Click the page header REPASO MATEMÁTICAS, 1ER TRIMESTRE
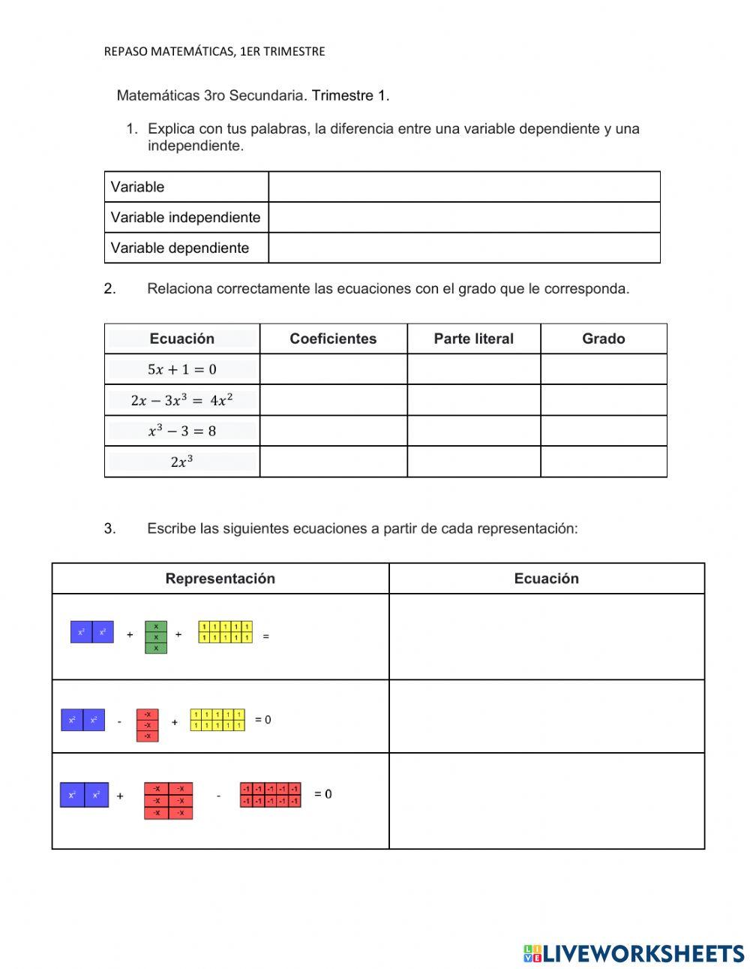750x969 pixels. [214, 51]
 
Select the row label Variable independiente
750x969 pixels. [185, 218]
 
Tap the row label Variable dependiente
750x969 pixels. [180, 248]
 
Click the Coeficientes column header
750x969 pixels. [333, 339]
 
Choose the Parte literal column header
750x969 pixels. [473, 339]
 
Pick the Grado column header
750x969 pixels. [603, 339]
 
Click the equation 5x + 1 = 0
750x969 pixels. [182, 369]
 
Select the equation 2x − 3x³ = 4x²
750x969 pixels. [182, 400]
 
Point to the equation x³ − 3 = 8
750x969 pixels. [182, 431]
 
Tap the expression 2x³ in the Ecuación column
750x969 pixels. [182, 462]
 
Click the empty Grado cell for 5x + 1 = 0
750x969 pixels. [603, 369]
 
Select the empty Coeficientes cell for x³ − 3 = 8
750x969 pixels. [333, 431]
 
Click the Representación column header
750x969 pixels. [220, 579]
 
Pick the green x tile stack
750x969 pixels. [156, 637]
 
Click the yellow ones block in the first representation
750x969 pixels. [225, 632]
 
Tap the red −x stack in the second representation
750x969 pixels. [148, 725]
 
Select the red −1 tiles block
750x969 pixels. [271, 795]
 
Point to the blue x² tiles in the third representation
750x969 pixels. [84, 795]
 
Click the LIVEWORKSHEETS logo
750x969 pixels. [634, 953]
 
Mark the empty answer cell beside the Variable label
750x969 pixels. [464, 187]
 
